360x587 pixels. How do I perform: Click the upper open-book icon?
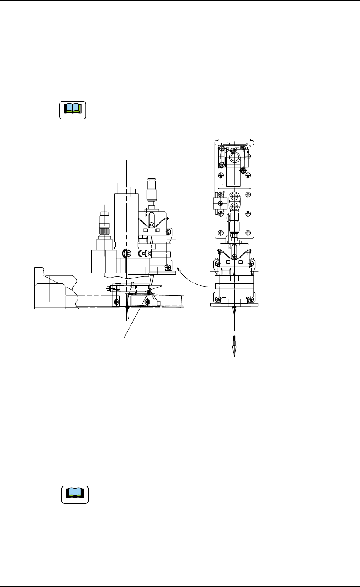pyautogui.click(x=73, y=110)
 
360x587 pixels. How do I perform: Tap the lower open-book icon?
pyautogui.click(x=75, y=495)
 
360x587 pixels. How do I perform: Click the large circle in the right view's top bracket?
pyautogui.click(x=234, y=159)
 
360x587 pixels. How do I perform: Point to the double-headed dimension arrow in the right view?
pyautogui.click(x=235, y=201)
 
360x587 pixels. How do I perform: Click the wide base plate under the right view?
pyautogui.click(x=234, y=304)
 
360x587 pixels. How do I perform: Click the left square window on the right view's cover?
pyautogui.click(x=228, y=262)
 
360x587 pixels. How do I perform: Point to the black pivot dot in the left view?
pyautogui.click(x=149, y=292)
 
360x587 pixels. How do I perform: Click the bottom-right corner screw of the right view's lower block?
pyautogui.click(x=251, y=299)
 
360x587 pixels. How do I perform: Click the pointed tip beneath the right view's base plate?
pyautogui.click(x=234, y=312)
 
